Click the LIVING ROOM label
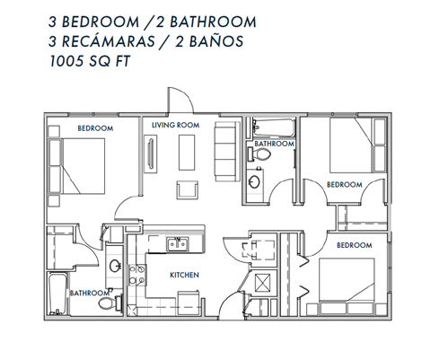click(174, 125)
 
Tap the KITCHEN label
click(185, 275)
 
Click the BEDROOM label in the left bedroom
click(95, 129)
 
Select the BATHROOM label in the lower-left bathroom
click(91, 293)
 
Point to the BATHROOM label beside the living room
click(274, 144)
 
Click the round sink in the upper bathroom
click(254, 182)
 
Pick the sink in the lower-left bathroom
click(114, 266)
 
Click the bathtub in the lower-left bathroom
click(57, 293)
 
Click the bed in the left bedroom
click(82, 165)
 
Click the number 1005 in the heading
click(71, 63)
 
